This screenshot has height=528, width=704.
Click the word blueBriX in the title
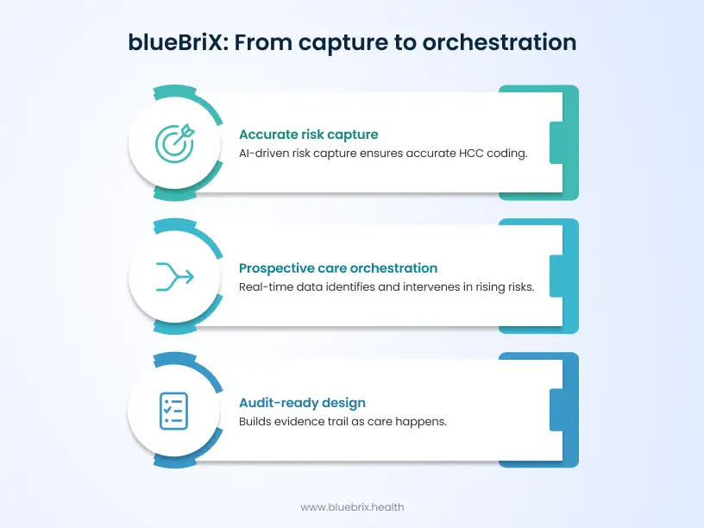[176, 41]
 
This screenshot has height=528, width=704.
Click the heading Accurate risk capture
[308, 135]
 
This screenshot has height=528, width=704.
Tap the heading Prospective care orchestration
[338, 268]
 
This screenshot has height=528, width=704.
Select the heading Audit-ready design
[302, 403]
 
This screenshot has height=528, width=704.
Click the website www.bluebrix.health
[352, 507]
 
